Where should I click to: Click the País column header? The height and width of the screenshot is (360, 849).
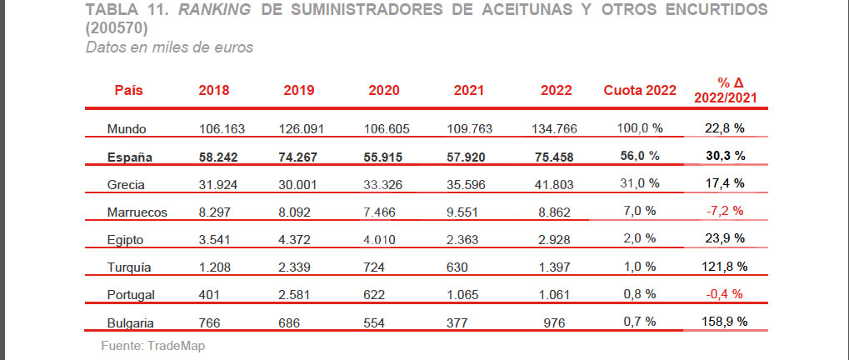pyautogui.click(x=130, y=90)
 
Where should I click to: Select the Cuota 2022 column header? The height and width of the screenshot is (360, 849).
pyautogui.click(x=640, y=90)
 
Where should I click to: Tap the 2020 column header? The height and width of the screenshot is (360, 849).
pyautogui.click(x=384, y=90)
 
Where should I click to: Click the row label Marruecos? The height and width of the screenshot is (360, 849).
pyautogui.click(x=137, y=212)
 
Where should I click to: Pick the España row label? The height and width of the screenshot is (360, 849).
pyautogui.click(x=132, y=156)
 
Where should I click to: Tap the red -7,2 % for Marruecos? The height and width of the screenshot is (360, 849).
pyautogui.click(x=724, y=211)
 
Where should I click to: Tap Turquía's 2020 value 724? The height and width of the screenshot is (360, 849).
pyautogui.click(x=375, y=267)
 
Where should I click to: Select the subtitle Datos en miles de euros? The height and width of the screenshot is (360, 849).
pyautogui.click(x=169, y=47)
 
